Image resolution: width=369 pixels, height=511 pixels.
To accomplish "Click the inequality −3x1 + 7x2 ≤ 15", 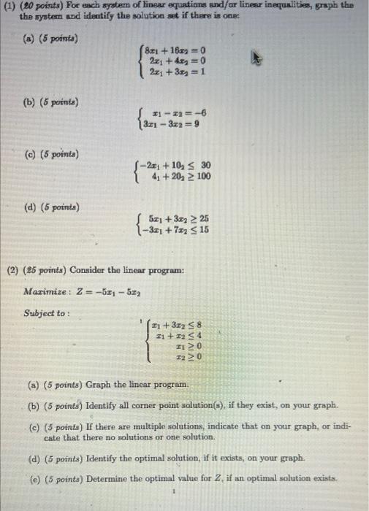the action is (x=178, y=229).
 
